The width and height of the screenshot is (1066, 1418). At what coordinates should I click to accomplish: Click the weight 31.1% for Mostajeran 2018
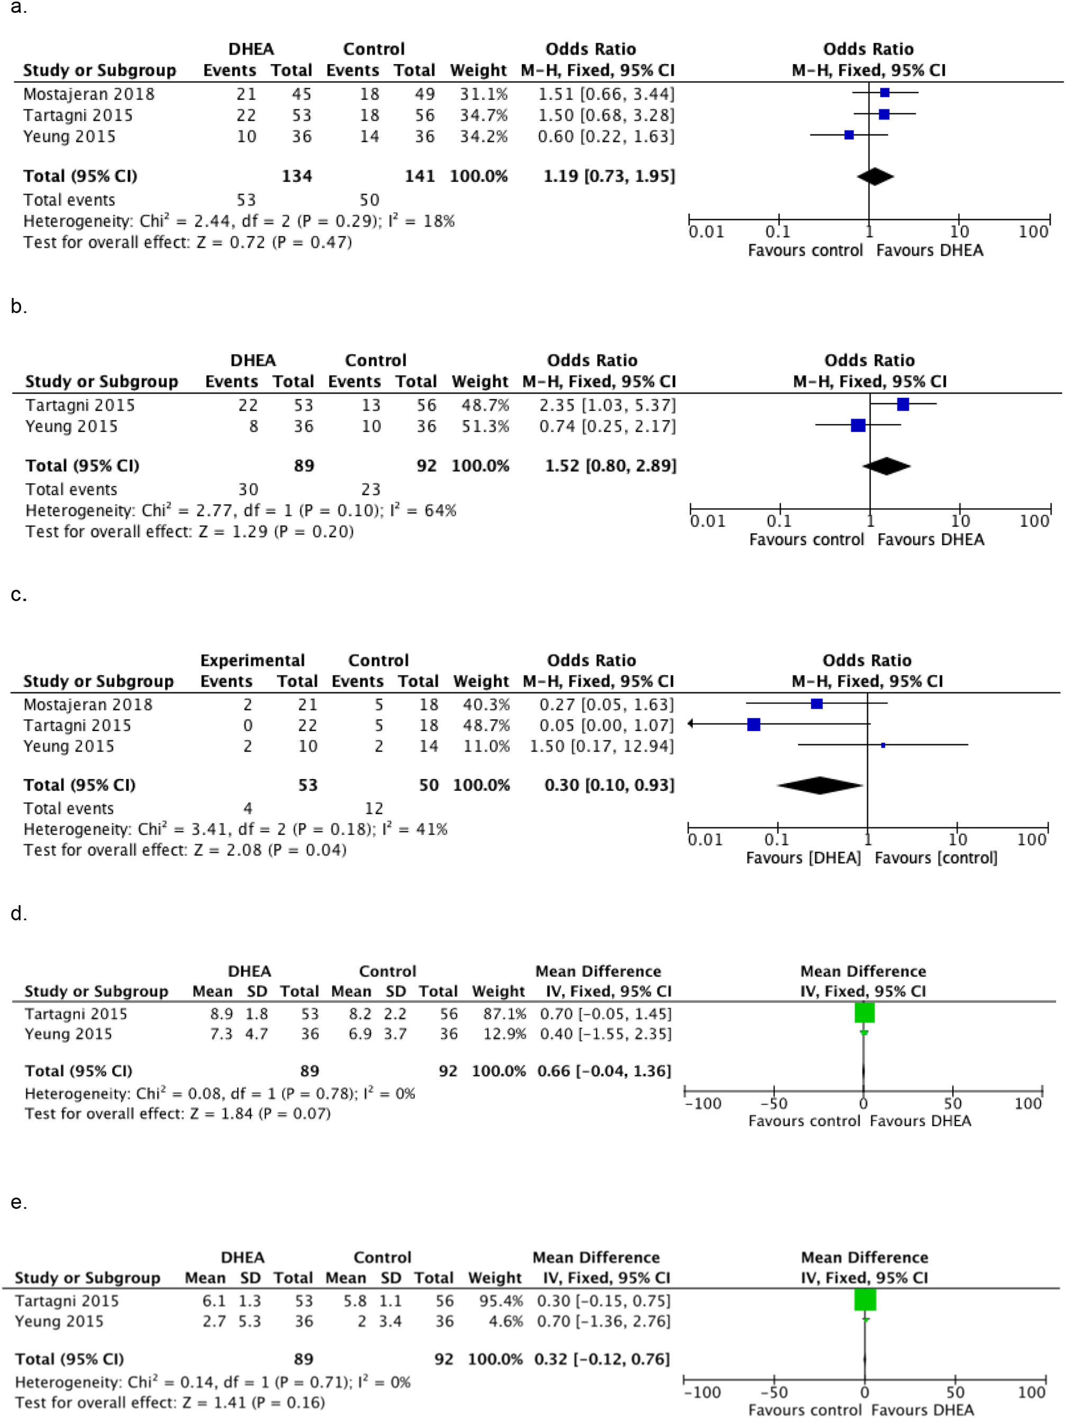(483, 94)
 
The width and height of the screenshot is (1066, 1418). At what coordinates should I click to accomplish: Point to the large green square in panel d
(864, 1013)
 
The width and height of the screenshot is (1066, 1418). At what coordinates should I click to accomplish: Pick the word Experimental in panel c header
(252, 660)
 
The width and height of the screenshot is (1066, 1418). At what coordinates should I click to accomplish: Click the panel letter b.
(18, 306)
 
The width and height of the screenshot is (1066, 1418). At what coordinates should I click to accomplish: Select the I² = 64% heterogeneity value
(422, 510)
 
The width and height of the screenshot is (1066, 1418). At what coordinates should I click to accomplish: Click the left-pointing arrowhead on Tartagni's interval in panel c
(690, 724)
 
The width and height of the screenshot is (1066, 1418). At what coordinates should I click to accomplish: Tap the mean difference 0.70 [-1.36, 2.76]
(602, 1321)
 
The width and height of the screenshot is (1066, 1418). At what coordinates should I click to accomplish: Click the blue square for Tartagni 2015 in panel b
(902, 404)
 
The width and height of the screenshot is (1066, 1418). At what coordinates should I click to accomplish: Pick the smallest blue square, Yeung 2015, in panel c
(883, 745)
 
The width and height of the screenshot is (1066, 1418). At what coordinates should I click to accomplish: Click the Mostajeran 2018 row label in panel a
(88, 94)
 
